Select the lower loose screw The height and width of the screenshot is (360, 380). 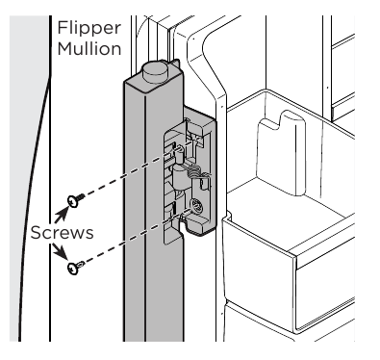pos(72,270)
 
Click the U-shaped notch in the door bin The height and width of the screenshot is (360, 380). pos(280,131)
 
